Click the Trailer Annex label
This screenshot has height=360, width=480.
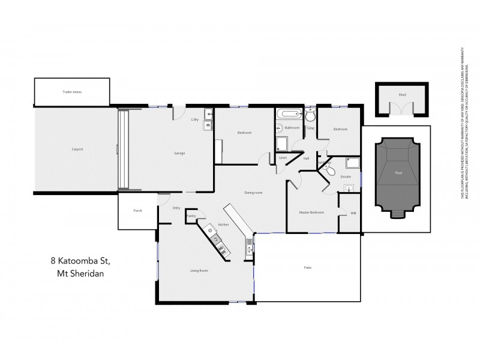click(x=72, y=92)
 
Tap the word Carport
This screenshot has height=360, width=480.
click(x=76, y=149)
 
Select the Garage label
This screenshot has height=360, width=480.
click(x=179, y=154)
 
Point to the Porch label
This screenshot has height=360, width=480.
click(x=137, y=211)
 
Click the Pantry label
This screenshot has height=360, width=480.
click(x=191, y=215)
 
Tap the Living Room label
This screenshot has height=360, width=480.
click(x=199, y=271)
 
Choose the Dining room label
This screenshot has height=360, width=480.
click(x=254, y=193)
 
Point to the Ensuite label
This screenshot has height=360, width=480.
click(x=345, y=177)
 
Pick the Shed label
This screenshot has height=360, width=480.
click(x=402, y=95)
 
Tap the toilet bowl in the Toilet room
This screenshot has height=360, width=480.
click(x=310, y=116)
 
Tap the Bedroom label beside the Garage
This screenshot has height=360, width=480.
click(x=244, y=133)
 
